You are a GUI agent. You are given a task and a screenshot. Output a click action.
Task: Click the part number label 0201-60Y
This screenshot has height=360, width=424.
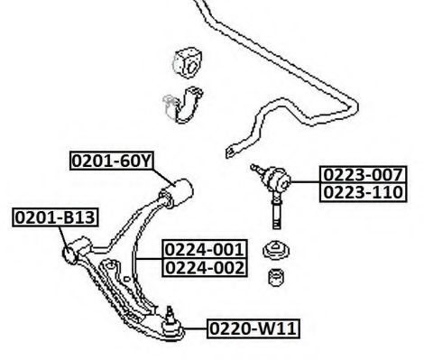pyautogui.click(x=112, y=162)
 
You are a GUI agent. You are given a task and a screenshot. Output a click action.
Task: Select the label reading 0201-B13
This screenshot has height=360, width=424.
pyautogui.click(x=55, y=217)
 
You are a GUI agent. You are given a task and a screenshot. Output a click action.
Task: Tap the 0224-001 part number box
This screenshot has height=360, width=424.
pyautogui.click(x=205, y=249)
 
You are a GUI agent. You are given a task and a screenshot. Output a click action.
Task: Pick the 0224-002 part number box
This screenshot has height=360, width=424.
pyautogui.click(x=205, y=267)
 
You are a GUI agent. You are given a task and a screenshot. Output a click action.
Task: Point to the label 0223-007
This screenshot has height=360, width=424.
pyautogui.click(x=363, y=174)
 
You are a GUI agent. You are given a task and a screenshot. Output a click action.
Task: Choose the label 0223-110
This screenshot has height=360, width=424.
pyautogui.click(x=363, y=192)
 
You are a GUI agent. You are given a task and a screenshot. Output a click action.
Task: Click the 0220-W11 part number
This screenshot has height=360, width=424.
pyautogui.click(x=253, y=328)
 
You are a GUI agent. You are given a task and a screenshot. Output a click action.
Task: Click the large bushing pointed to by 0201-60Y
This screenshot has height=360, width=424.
pyautogui.click(x=177, y=192)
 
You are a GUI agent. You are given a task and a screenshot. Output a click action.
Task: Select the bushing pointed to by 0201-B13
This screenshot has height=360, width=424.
pyautogui.click(x=76, y=250)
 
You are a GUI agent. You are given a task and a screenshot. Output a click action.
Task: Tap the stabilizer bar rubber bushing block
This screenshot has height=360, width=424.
pyautogui.click(x=188, y=63)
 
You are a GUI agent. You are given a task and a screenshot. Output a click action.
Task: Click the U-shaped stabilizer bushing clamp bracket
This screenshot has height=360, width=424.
pyautogui.click(x=184, y=105)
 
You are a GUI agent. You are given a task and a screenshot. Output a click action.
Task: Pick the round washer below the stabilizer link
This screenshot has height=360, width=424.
pyautogui.click(x=276, y=250)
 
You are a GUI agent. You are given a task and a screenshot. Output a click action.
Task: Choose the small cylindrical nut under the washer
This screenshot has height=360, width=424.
pyautogui.click(x=277, y=277)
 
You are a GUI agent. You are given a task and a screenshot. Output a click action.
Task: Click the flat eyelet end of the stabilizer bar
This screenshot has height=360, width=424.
pyautogui.click(x=231, y=151)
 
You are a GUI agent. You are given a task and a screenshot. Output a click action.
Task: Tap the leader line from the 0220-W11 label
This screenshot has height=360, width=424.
pyautogui.click(x=196, y=328)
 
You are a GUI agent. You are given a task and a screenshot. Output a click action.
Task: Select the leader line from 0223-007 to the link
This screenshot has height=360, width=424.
pyautogui.click(x=305, y=181)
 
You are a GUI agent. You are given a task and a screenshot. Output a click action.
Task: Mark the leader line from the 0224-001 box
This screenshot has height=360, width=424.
pyautogui.click(x=149, y=259)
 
